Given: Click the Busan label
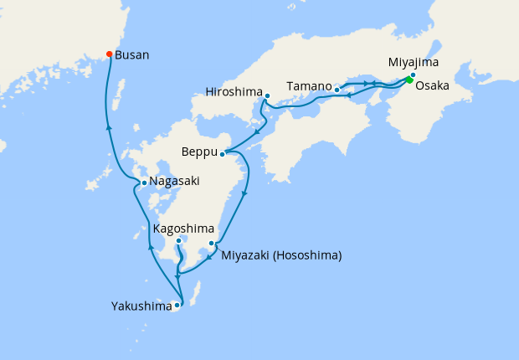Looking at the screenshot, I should [132, 55].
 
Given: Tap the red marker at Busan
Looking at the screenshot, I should [109, 54].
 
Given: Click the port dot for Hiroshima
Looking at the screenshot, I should [266, 95].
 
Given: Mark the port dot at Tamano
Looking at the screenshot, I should [337, 90].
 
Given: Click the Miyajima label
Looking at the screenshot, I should [413, 62].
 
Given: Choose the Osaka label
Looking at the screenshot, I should [432, 85].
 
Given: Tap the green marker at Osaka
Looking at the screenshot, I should [409, 80].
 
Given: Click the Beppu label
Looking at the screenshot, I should [198, 152].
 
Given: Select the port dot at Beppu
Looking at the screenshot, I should [223, 154].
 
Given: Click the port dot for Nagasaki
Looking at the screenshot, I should [145, 183].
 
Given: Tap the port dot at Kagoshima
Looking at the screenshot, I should [179, 241].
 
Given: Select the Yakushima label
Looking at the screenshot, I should [141, 306].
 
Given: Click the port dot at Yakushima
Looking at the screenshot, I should [177, 306].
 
